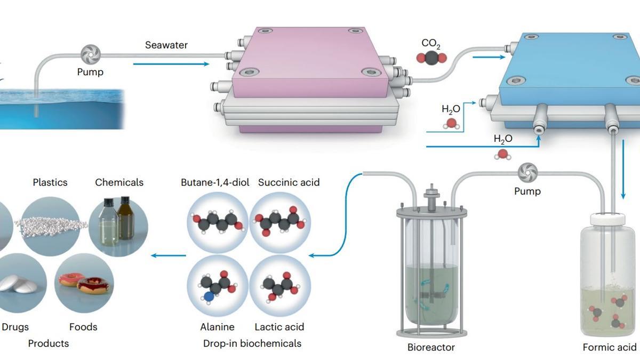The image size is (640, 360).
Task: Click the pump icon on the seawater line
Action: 91,54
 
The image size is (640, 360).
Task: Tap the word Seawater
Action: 166,45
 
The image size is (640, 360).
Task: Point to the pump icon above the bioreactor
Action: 527,172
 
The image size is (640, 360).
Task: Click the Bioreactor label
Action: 431,347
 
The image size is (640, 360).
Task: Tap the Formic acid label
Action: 609,347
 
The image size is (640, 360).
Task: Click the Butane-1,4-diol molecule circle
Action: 218,222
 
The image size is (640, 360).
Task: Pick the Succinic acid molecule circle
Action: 280,222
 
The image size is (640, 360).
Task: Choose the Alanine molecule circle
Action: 217,285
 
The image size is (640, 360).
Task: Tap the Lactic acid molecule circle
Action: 280,285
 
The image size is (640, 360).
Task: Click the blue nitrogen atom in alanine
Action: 209,294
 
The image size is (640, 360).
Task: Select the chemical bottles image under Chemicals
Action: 118,225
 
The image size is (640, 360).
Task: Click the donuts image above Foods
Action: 84,283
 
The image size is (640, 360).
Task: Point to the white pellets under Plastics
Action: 51,224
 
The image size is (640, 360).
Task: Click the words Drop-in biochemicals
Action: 252,343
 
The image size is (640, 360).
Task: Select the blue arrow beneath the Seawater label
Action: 171,64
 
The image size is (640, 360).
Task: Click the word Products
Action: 49,343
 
